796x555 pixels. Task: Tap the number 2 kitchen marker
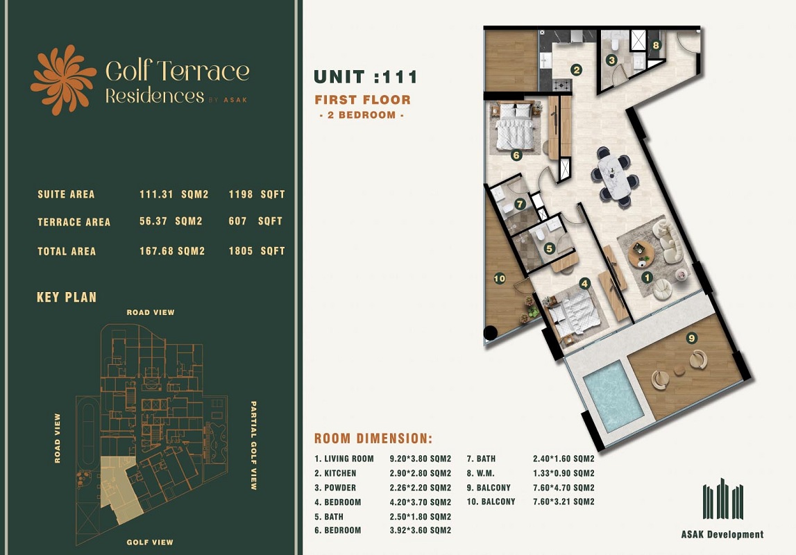[x=576, y=69]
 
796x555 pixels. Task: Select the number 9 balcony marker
[x=691, y=338]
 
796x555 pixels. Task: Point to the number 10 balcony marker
[x=498, y=278]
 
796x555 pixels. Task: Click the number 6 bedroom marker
[x=516, y=155]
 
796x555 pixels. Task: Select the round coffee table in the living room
[x=641, y=255]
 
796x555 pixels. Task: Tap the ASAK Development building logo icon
[x=722, y=500]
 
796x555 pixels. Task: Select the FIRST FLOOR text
[x=362, y=100]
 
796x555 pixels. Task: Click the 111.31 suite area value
[x=156, y=194]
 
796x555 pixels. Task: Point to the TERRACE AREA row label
[x=74, y=222]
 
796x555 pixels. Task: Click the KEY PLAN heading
[x=67, y=298]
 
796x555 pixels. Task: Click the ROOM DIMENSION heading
[x=373, y=438]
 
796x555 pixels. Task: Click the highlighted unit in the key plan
[x=119, y=488]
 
